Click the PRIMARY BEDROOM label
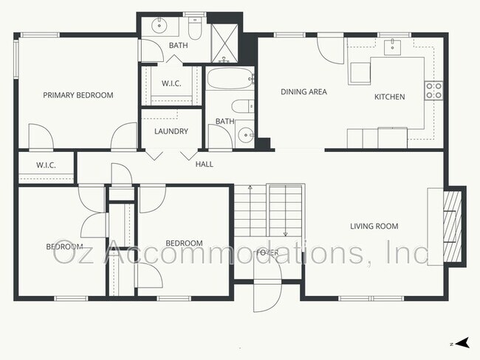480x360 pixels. point(78,95)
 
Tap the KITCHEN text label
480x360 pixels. point(389,97)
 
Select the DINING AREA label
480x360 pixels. point(304,92)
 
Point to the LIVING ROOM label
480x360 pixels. point(374,226)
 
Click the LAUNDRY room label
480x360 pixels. point(171,132)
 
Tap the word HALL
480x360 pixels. point(205,164)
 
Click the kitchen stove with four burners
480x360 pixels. point(433,91)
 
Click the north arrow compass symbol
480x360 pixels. point(462,343)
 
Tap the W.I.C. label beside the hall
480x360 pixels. point(46,165)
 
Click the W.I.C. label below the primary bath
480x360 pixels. point(171,83)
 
